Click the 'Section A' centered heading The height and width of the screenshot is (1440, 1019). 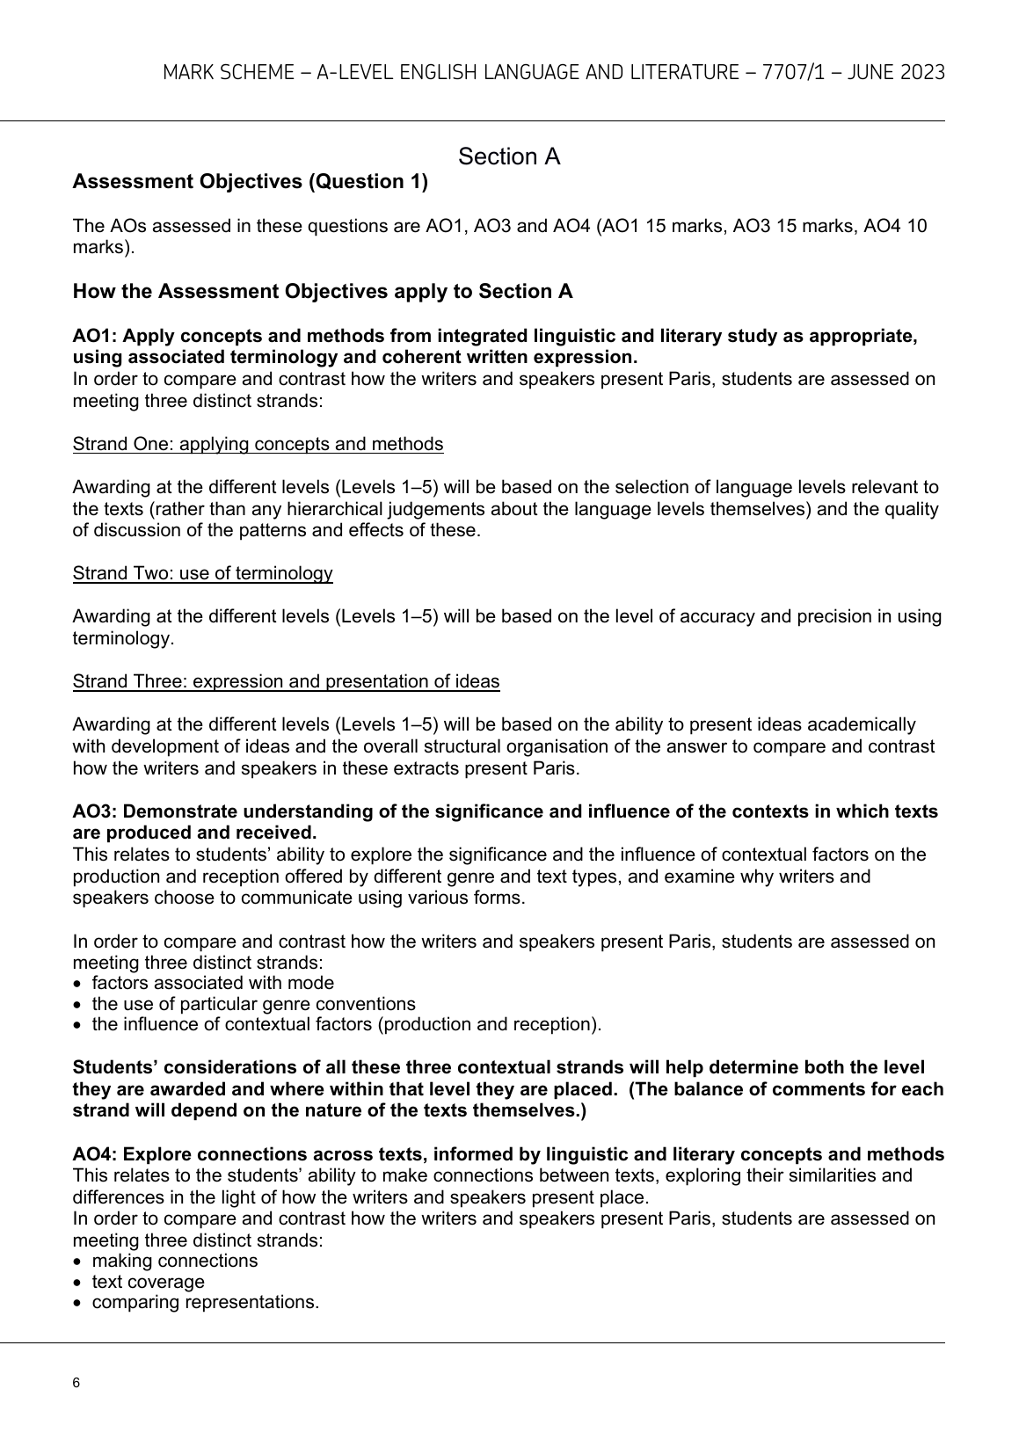pos(509,157)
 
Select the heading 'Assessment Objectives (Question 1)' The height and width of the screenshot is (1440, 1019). pos(250,182)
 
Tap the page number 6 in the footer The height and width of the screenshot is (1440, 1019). pos(76,1383)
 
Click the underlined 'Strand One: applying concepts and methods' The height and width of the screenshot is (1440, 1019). pos(258,444)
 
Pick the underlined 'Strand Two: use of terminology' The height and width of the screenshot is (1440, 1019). pos(202,574)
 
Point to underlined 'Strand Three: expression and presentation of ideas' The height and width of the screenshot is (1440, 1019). pos(286,681)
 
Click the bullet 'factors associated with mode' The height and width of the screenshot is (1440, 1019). pos(213,983)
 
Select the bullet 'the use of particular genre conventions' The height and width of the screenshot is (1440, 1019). pos(253,1004)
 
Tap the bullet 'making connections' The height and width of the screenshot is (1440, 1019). pos(175,1261)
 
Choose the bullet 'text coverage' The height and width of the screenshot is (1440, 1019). pos(148,1282)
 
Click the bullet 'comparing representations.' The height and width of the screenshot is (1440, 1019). pos(205,1302)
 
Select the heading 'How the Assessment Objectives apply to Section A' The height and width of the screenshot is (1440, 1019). pos(323,292)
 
